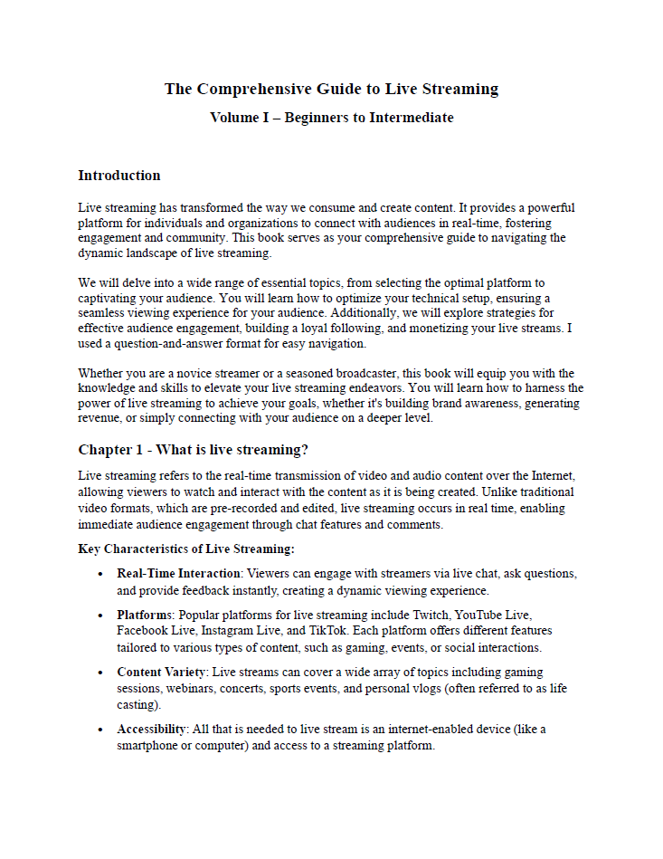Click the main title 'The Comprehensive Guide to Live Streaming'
coord(331,89)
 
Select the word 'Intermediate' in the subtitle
coord(412,118)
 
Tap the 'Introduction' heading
coord(119,176)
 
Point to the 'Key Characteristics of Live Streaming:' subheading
coord(186,549)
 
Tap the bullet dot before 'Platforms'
coord(100,616)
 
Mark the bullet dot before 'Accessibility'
coord(100,730)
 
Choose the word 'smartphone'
coord(149,746)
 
